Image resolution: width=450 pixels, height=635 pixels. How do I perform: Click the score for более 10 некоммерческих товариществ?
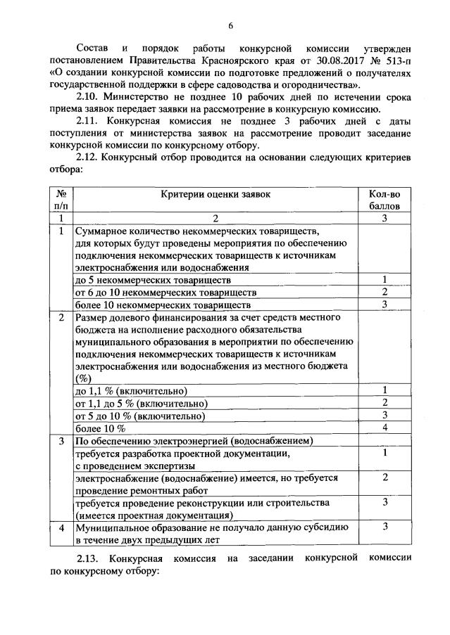[385, 304]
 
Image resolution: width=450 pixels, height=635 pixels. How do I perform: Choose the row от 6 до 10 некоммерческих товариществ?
[160, 293]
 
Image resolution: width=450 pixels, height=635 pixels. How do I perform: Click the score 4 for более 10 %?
[385, 428]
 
